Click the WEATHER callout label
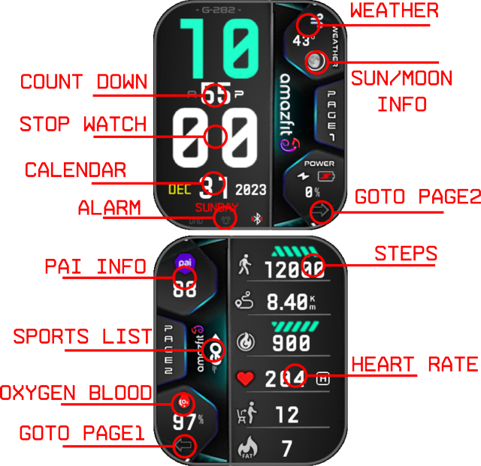(395, 11)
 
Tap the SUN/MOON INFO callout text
(402, 89)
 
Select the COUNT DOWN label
(83, 82)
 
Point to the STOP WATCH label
(83, 124)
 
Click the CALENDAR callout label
(75, 170)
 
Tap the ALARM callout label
(109, 208)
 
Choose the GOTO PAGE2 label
(417, 197)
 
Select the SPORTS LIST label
(83, 337)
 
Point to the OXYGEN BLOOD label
(76, 392)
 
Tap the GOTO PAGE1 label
(81, 433)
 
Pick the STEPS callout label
(406, 254)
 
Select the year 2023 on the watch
(250, 189)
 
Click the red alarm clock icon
(225, 219)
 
